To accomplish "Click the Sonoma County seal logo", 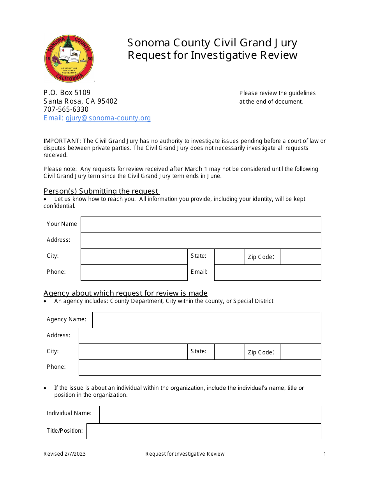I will coord(69,58).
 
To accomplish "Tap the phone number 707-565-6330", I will coord(66,109).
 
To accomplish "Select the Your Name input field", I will coord(201,225).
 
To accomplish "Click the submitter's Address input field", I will coord(201,241).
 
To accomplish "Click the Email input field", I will coord(268,273).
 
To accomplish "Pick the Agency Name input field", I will coord(206,320).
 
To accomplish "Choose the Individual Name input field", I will coord(210,414).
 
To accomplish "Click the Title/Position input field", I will coord(204,431).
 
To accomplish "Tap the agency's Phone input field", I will coord(200,368).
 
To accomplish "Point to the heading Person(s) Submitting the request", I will coord(101,191).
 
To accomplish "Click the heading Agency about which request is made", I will coord(125,293).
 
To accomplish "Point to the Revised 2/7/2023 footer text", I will coord(65,454).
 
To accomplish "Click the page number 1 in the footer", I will coord(324,454).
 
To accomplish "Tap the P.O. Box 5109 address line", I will coord(67,93).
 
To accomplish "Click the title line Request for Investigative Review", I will coord(213,55).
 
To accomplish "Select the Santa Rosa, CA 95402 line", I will coord(80,101).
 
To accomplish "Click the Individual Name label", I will coord(69,413).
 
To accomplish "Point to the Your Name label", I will coord(62,224).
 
